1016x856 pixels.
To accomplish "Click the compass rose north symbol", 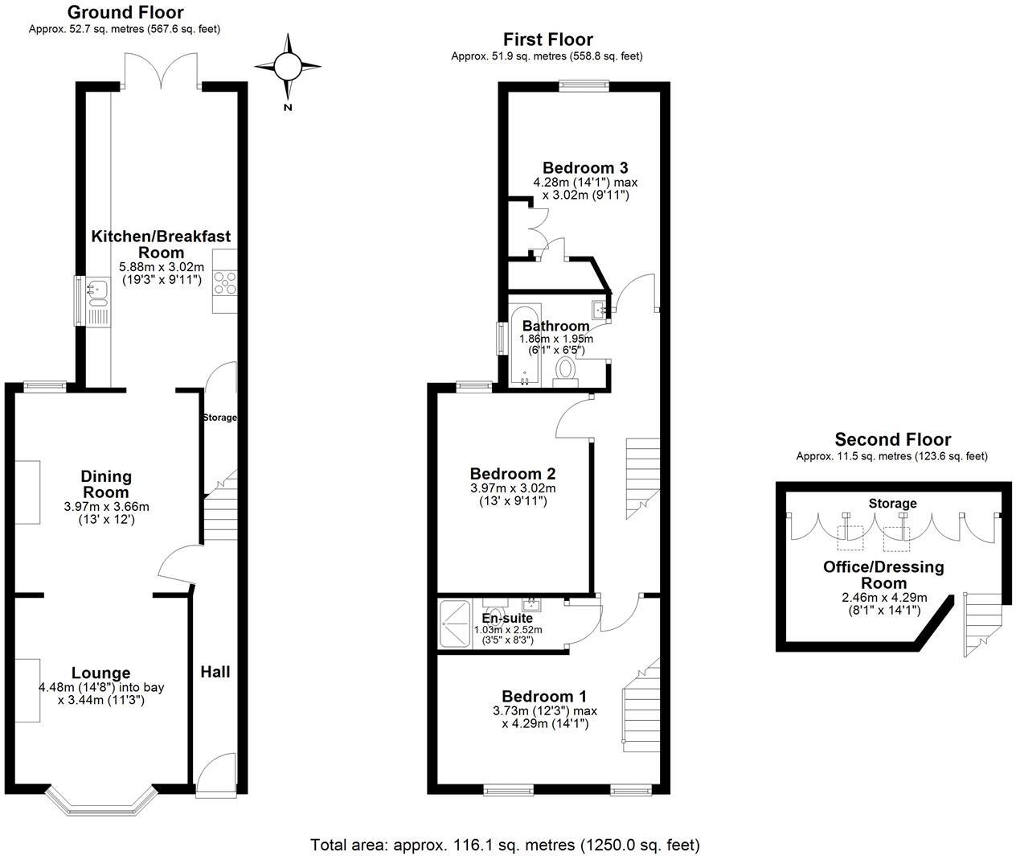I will pos(287,66).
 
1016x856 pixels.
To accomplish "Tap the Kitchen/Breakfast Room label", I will pos(161,244).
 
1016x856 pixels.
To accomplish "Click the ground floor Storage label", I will pos(219,418).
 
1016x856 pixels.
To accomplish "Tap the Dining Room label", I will pos(106,484).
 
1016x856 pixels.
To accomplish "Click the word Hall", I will pos(215,672).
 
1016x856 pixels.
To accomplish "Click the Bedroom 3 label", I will pos(585,168).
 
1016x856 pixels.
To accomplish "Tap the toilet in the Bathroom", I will pos(567,370).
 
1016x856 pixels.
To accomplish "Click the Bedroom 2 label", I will pos(513,474).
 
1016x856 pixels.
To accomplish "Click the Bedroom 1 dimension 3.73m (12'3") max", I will pos(545,711).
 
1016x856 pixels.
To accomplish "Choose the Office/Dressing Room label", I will pos(883,574).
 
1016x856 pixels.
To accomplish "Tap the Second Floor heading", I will pos(892,439).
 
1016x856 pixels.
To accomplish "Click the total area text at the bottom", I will pos(506,845).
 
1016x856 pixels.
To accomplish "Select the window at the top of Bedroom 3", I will pos(584,84).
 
